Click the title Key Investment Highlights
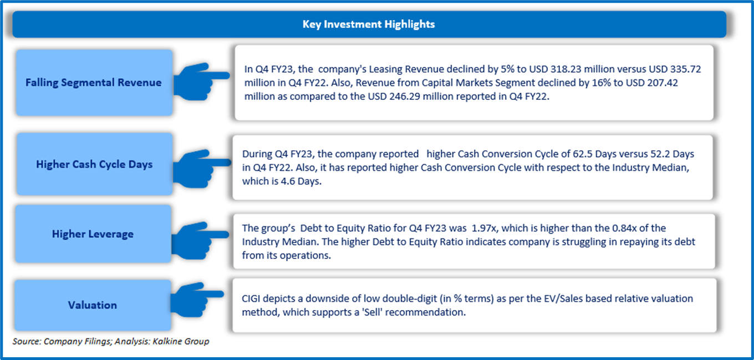(x=369, y=24)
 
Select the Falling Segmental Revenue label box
(x=94, y=83)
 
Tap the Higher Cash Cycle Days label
(x=95, y=164)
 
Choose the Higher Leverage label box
(x=93, y=234)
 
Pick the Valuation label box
(x=93, y=305)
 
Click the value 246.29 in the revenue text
(x=405, y=97)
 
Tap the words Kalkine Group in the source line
(x=181, y=342)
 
